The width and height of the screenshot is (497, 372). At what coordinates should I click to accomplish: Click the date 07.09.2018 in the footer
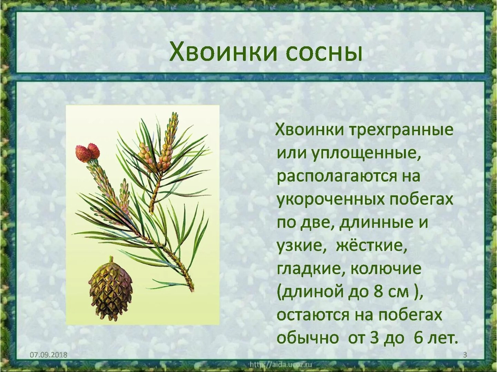[48, 354]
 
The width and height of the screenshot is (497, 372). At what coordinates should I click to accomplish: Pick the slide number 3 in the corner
[465, 355]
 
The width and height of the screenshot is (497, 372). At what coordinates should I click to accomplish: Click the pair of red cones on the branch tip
[88, 152]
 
